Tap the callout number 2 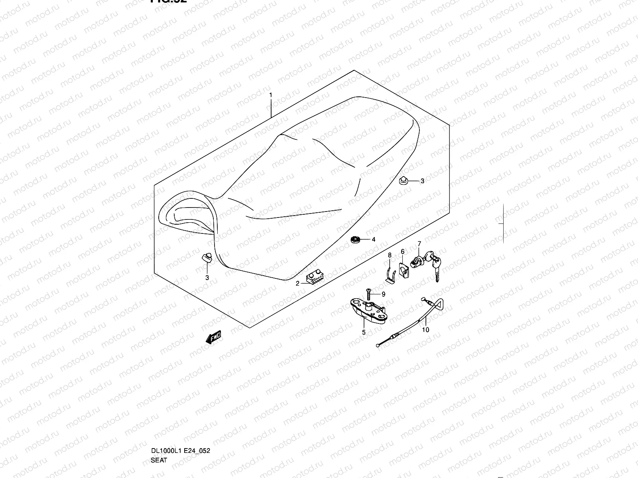(297, 284)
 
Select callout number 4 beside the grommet (374, 240)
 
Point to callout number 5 (364, 332)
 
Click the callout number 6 (403, 251)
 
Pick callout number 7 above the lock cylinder (419, 243)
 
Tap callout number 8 (390, 255)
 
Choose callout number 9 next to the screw (383, 294)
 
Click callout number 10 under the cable (426, 330)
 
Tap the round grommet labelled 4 (355, 239)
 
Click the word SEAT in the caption (159, 427)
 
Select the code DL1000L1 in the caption (166, 417)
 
